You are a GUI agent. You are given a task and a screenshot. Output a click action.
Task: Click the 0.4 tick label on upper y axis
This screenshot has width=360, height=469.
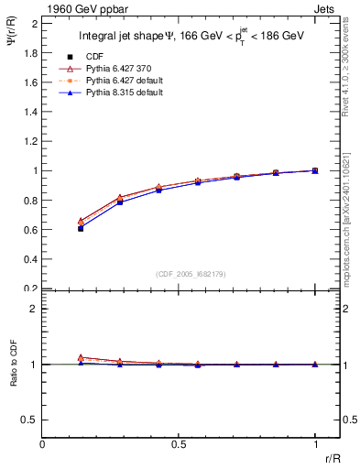[x=29, y=259]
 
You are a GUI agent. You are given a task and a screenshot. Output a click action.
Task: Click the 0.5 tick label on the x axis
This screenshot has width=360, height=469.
[x=179, y=444]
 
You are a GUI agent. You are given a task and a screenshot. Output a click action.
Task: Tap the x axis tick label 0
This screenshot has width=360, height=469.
[x=42, y=444]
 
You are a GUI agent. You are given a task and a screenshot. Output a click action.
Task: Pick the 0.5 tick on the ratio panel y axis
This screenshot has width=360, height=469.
[x=29, y=420]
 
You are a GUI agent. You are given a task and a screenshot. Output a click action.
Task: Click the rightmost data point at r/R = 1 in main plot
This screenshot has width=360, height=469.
[x=315, y=170]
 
